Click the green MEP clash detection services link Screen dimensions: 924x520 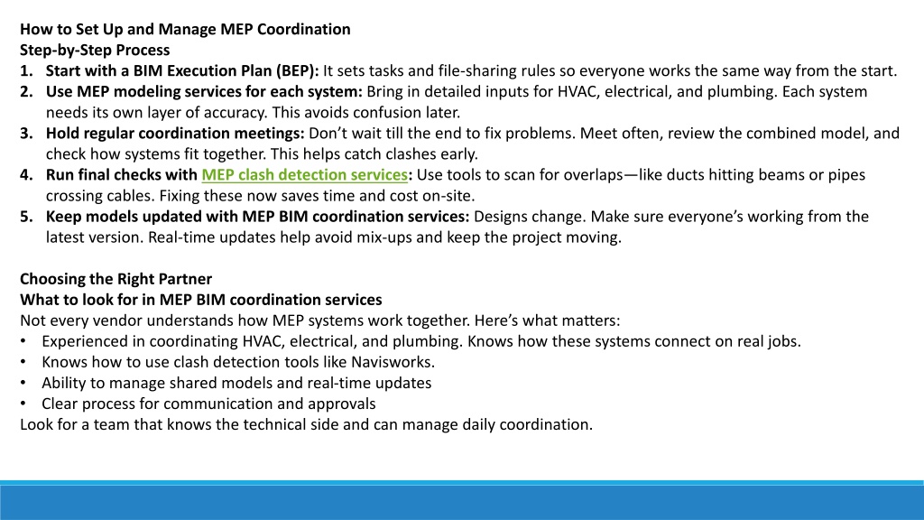point(305,175)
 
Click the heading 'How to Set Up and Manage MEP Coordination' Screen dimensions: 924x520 point(185,30)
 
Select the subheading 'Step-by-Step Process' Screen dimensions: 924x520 point(95,51)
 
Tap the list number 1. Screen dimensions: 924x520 point(26,70)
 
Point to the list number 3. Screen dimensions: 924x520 point(26,134)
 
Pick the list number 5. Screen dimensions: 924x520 point(26,217)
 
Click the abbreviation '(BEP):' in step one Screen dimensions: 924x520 point(297,71)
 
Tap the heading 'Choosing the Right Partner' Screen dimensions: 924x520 point(116,279)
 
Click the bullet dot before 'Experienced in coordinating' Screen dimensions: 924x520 point(23,341)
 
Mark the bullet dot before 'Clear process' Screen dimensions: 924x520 point(23,404)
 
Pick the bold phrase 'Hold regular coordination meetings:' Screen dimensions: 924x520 point(175,134)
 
